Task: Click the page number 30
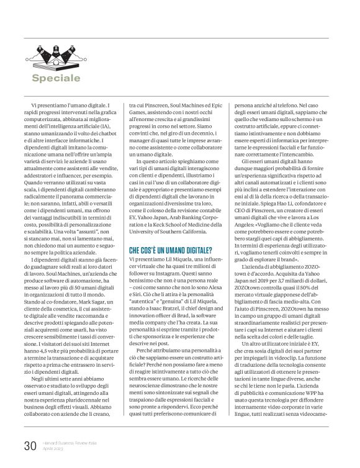click(x=30, y=446)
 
